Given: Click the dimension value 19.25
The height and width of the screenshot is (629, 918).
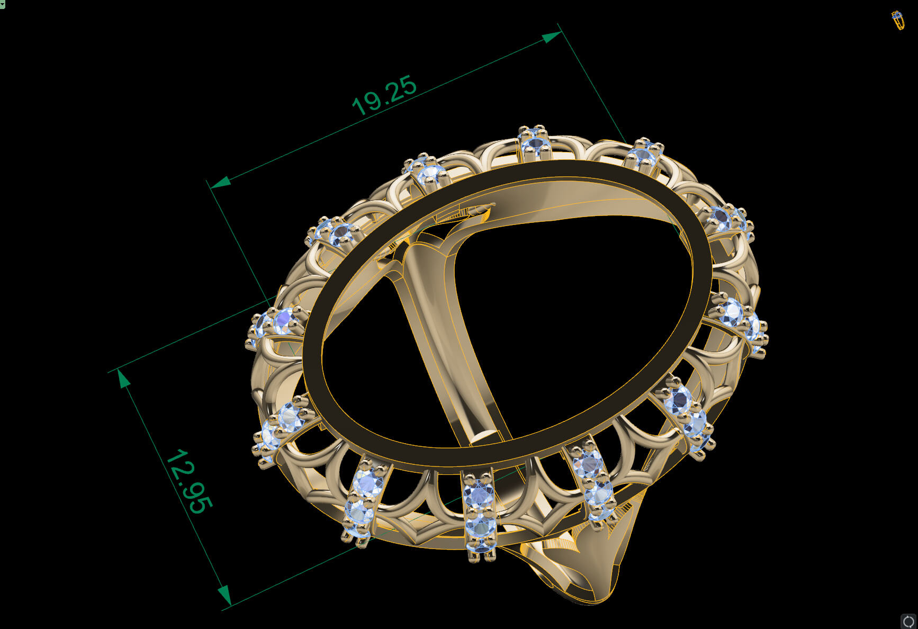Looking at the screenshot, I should pos(384,96).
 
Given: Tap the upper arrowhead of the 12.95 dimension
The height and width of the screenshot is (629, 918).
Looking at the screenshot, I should pos(124,379).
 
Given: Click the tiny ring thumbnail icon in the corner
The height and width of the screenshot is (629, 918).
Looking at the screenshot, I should pos(897,20).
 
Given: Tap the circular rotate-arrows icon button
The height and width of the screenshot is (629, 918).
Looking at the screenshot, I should pos(908,621).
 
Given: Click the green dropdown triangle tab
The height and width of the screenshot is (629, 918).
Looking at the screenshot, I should pos(2,4).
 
